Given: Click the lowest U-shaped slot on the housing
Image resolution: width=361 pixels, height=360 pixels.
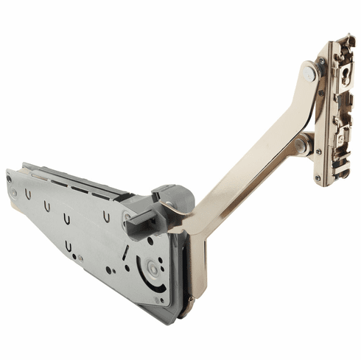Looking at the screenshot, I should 68,244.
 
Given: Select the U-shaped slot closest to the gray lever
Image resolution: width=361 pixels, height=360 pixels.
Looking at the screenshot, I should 108,217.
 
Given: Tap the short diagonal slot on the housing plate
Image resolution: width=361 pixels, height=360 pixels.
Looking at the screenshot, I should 126,253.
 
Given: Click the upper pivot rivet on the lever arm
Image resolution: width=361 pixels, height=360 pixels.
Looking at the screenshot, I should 309,72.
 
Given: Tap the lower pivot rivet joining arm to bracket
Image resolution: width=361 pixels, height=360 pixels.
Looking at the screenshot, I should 301,147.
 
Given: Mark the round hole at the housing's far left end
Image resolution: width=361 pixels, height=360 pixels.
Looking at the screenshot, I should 14,194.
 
